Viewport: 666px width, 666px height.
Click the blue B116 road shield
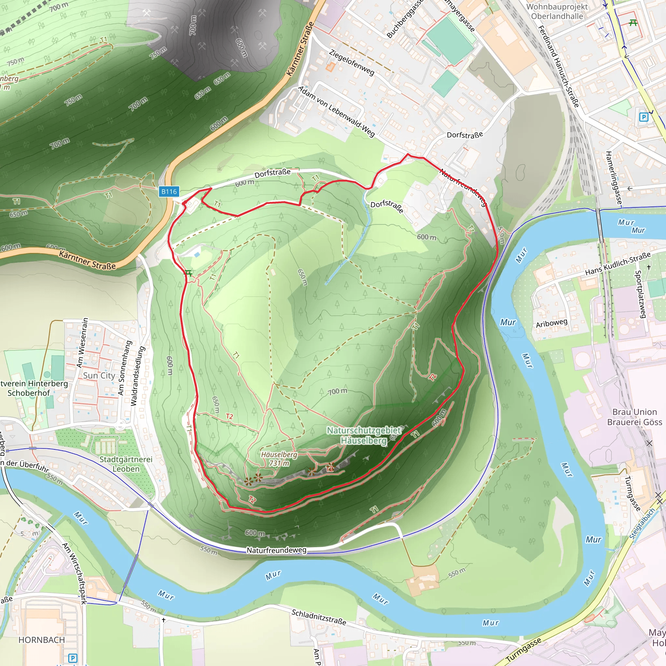point(169,192)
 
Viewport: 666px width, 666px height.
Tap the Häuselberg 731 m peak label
point(279,459)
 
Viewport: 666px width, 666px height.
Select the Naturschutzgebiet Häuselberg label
point(364,435)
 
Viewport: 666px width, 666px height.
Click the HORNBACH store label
point(42,640)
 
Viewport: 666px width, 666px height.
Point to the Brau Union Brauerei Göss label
point(635,417)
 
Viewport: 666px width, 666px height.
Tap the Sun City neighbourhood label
point(99,375)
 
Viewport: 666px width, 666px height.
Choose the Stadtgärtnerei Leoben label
point(126,464)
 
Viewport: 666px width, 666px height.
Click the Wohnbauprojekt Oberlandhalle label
point(557,11)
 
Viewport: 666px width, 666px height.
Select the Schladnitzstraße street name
point(319,617)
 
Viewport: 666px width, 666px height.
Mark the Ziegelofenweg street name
point(352,62)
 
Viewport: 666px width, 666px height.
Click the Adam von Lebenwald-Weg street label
point(337,111)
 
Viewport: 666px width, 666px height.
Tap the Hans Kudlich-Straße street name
point(618,264)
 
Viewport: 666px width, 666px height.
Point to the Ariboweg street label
point(552,323)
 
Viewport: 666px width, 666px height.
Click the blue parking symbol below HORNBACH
point(73,658)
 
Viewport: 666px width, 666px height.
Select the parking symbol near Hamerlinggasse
point(643,117)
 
